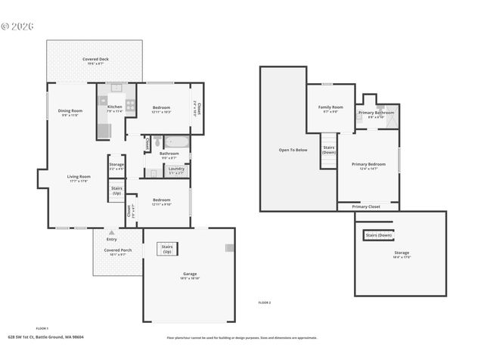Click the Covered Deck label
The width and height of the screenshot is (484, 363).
(94, 60)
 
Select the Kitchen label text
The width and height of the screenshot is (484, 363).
(114, 107)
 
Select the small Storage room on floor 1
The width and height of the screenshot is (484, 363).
(116, 165)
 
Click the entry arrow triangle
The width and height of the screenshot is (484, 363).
(112, 232)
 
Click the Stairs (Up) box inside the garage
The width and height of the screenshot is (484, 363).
(167, 249)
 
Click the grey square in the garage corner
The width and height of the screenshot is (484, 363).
(230, 247)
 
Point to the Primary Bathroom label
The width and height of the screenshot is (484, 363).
(376, 113)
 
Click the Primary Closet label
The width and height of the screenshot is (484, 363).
(365, 206)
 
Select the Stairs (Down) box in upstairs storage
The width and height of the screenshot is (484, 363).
(377, 235)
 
